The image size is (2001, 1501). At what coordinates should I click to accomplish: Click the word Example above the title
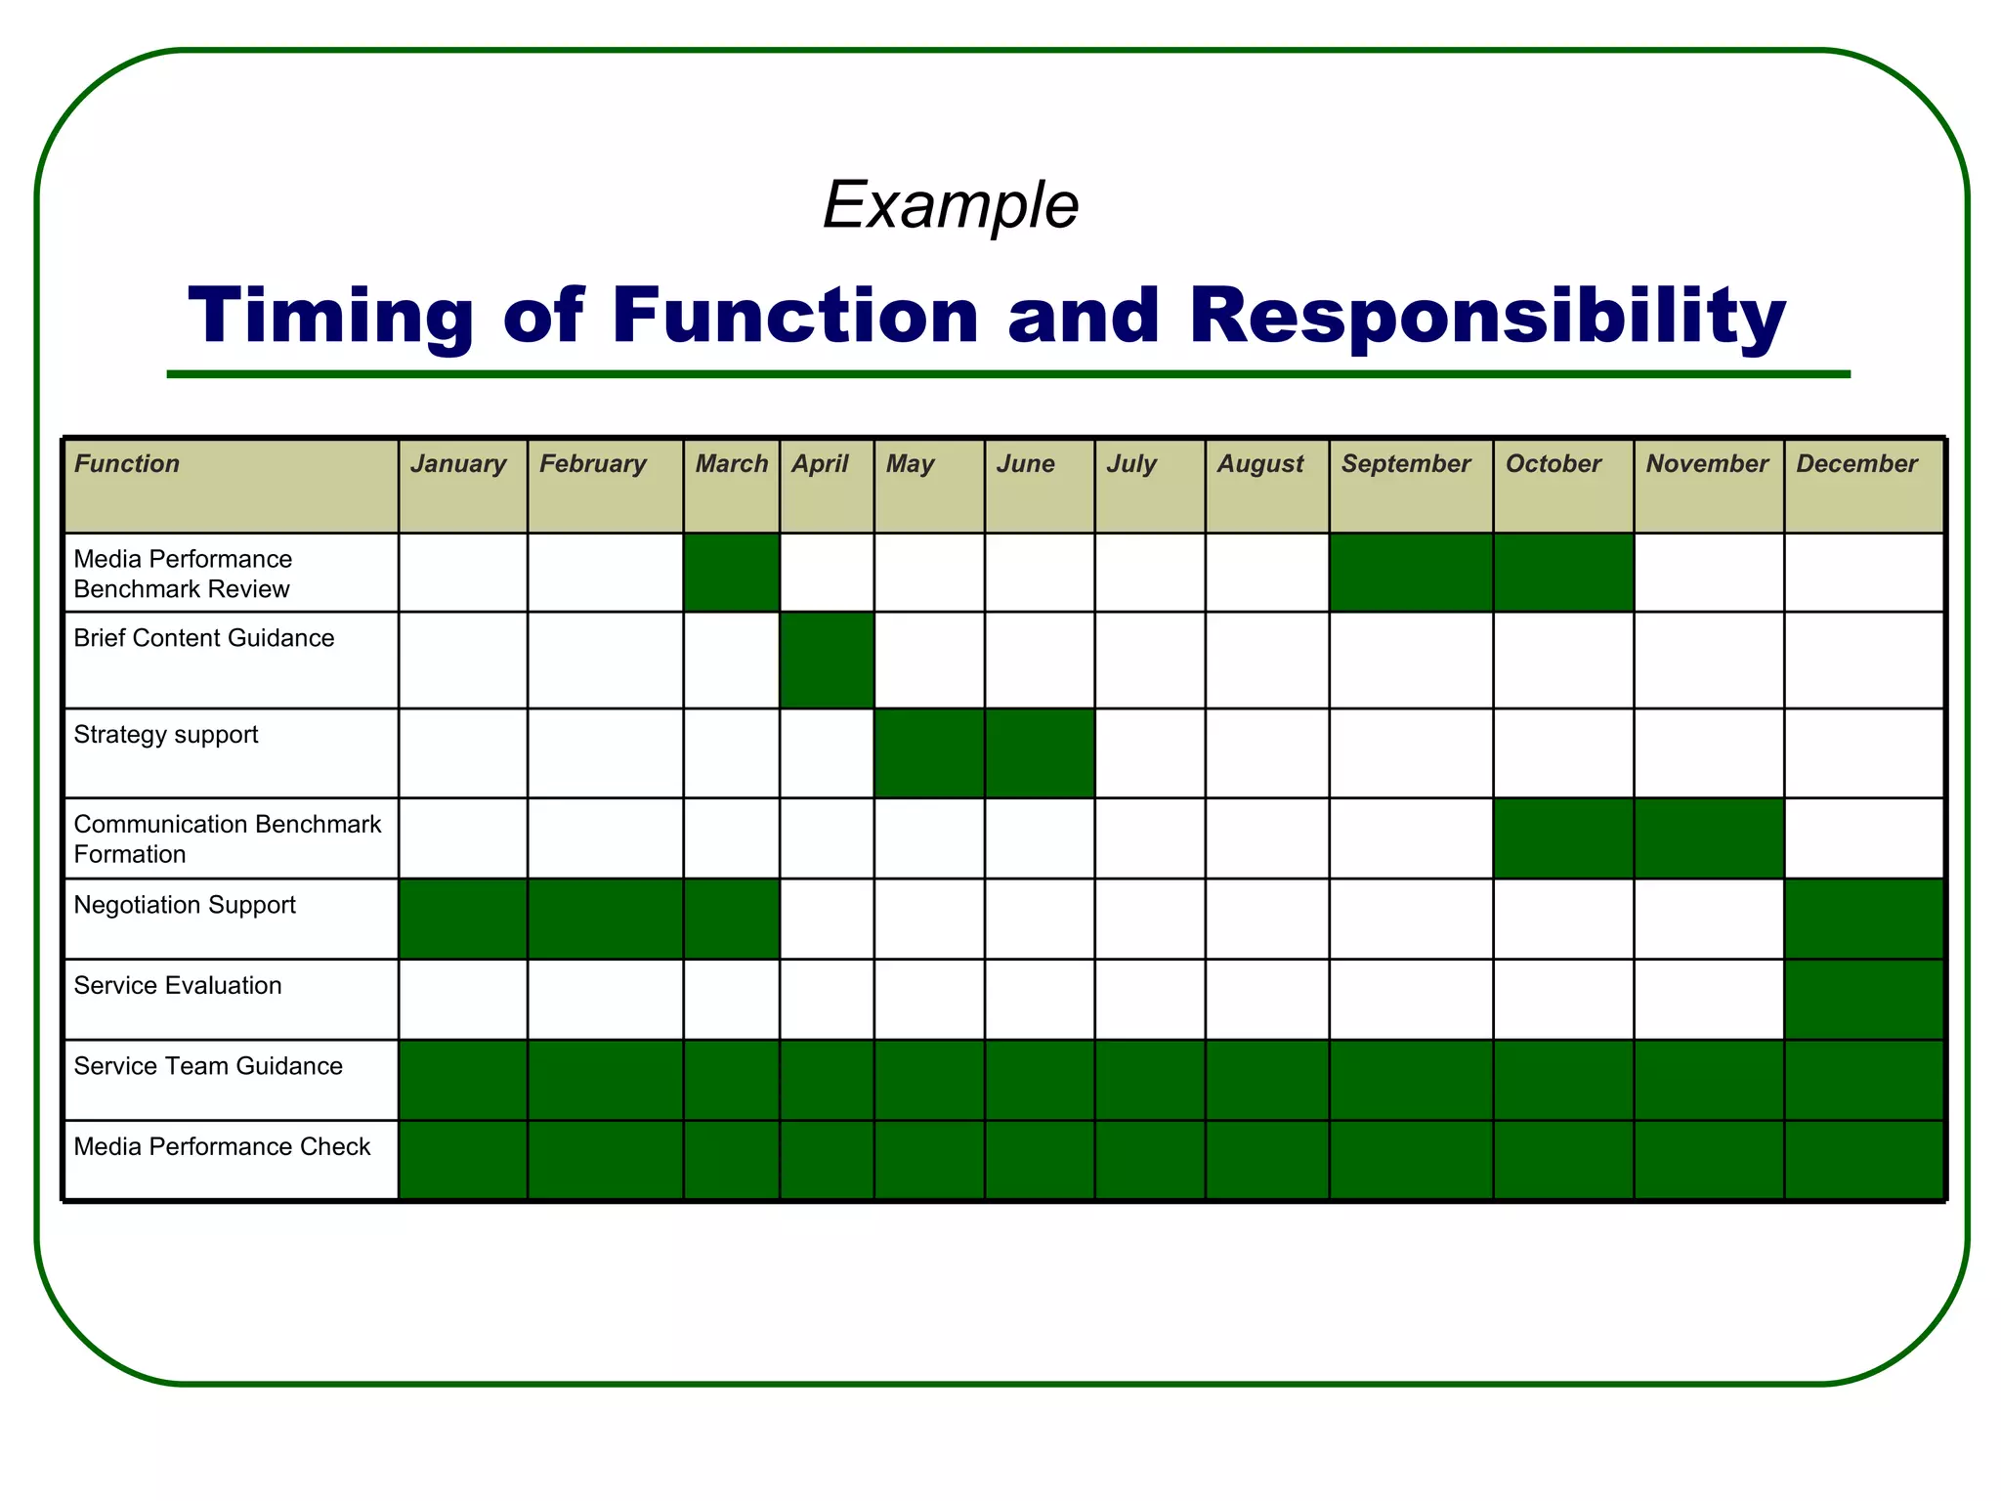point(951,205)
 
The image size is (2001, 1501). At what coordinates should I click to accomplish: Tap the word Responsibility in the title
point(1487,316)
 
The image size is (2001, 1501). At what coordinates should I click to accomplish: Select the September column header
point(1405,464)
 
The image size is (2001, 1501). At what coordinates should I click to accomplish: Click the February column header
point(593,464)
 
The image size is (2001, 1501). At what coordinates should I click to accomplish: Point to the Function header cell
point(128,464)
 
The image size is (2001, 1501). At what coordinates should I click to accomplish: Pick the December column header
point(1856,464)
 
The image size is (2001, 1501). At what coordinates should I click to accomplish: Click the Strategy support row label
point(166,735)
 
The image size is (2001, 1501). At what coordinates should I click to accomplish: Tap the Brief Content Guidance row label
point(204,638)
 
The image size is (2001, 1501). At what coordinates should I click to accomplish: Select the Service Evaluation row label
point(178,985)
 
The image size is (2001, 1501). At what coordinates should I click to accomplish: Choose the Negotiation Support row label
point(185,905)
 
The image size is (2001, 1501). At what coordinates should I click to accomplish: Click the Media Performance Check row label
point(222,1146)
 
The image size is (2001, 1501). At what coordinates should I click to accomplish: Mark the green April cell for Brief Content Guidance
point(827,660)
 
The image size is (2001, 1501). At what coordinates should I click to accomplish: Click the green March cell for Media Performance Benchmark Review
point(731,572)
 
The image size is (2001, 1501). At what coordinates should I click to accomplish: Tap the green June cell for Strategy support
point(1040,752)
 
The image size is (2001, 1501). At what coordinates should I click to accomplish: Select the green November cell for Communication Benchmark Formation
point(1709,837)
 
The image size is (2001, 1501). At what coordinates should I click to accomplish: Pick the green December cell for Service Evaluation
point(1864,999)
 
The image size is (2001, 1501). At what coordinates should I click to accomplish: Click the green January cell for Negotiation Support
point(463,919)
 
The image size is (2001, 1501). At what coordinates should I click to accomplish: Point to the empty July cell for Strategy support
point(1150,752)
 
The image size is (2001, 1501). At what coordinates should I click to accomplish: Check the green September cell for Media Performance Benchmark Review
point(1411,572)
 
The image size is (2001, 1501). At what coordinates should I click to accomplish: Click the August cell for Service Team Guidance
point(1267,1079)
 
